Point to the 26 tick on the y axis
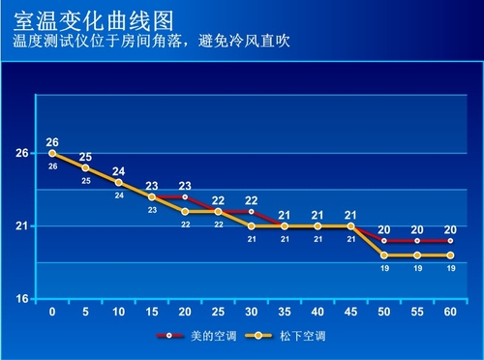coord(20,153)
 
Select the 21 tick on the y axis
coord(20,226)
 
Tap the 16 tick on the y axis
coord(20,299)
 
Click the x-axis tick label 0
coord(52,314)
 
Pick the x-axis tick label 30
coord(251,314)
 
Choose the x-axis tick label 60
coord(450,314)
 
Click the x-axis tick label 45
coord(350,314)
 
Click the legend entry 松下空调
coord(281,337)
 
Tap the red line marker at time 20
coord(185,196)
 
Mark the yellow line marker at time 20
coord(185,211)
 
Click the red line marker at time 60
coord(450,240)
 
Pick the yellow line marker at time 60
coord(450,255)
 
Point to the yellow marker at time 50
coord(384,255)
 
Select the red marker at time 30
coord(251,211)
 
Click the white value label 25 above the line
coord(85,157)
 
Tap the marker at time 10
coord(119,182)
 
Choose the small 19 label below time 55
coord(417,268)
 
